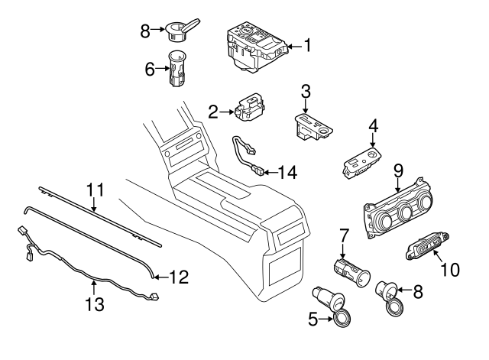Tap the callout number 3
point(305,92)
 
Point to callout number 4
point(373,125)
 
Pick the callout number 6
point(150,69)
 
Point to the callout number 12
point(177,277)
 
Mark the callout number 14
point(287,172)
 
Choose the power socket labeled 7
point(351,270)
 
